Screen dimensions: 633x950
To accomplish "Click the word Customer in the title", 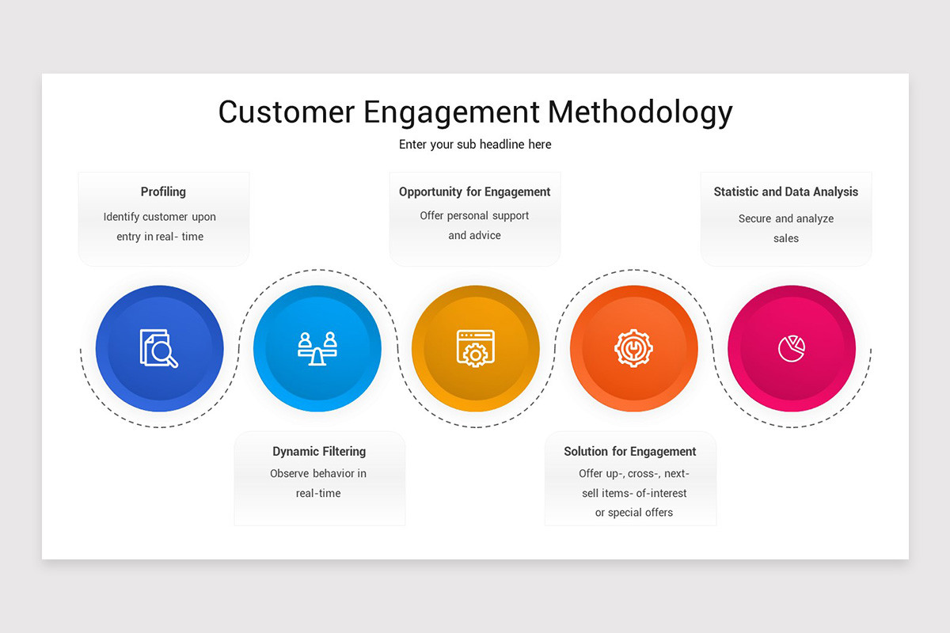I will click(x=286, y=112).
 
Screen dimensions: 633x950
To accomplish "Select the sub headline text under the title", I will click(x=475, y=144).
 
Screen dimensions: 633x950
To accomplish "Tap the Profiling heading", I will click(x=163, y=191).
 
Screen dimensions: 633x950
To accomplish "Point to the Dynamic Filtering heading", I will click(x=319, y=451).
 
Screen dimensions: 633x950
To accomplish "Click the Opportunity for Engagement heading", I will click(x=474, y=191).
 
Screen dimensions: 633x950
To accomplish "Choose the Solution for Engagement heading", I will click(x=629, y=451).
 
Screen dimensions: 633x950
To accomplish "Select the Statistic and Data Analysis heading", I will click(x=785, y=191).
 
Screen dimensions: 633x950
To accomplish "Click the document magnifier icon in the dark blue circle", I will click(x=159, y=348).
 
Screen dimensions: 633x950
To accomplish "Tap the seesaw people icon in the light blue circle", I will click(x=317, y=348).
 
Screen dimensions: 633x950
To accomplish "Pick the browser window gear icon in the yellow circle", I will click(x=475, y=348).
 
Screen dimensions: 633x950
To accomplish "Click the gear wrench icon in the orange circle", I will click(x=633, y=348).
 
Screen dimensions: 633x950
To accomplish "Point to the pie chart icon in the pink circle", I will click(x=791, y=348).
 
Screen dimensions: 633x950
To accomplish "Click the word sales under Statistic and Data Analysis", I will click(x=786, y=238).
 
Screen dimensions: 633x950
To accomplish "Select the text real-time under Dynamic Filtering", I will click(x=318, y=493).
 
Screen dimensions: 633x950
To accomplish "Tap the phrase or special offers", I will click(x=634, y=513).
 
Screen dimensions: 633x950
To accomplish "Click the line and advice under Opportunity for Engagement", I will click(x=474, y=235).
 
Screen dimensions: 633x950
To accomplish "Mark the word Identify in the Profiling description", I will click(x=121, y=217).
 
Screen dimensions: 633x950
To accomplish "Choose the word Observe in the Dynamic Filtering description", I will click(x=290, y=473).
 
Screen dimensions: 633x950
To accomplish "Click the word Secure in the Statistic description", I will click(x=754, y=218).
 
